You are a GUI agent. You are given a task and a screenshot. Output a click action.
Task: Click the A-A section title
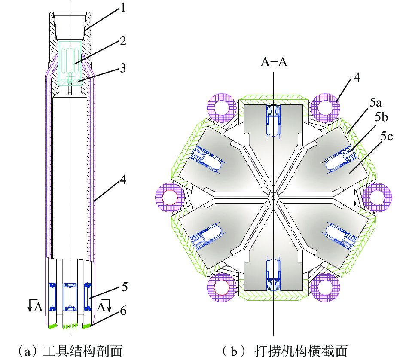(x=274, y=62)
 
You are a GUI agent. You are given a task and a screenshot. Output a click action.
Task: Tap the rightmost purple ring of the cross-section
(x=377, y=197)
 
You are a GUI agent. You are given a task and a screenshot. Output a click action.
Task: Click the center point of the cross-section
(x=274, y=198)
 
